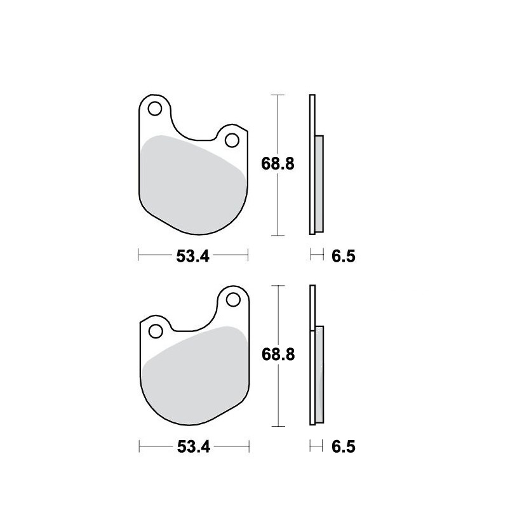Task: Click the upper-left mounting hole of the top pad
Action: tap(155, 109)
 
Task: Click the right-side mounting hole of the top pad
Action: tap(232, 140)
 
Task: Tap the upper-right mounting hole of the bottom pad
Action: tap(233, 300)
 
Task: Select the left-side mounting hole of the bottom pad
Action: tap(156, 331)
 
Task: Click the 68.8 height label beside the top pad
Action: tap(278, 164)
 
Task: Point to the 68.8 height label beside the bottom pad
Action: tap(278, 354)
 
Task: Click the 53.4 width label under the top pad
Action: tap(193, 257)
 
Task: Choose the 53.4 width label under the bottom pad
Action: tap(194, 447)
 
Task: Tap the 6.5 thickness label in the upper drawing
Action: tap(344, 257)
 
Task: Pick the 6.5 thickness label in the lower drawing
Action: tap(344, 447)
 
